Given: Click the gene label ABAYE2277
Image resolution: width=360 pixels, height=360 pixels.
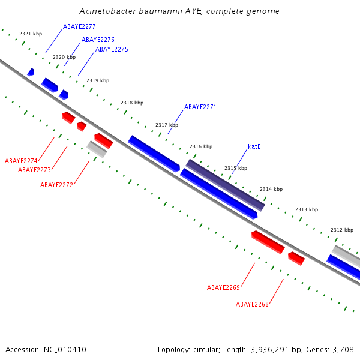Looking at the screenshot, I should click(x=79, y=27).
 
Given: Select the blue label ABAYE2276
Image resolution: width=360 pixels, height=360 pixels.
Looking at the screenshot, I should click(x=98, y=40).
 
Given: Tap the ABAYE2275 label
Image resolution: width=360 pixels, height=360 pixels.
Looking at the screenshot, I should click(x=112, y=50).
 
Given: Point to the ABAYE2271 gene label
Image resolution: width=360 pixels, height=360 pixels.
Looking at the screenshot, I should click(x=200, y=107).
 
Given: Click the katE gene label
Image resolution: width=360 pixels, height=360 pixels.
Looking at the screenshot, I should click(x=254, y=146).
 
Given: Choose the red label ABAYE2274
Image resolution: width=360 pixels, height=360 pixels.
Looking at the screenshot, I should click(x=21, y=161).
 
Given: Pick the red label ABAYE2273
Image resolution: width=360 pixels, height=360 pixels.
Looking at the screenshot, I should click(x=34, y=170).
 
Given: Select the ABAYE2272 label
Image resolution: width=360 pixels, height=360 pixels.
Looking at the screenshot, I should click(x=56, y=185).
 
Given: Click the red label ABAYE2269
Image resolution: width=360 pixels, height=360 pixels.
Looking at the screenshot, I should click(x=223, y=288).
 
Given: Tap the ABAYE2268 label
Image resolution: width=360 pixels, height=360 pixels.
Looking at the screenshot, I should click(x=252, y=305).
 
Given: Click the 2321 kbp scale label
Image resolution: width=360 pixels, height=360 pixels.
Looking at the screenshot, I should click(x=31, y=34).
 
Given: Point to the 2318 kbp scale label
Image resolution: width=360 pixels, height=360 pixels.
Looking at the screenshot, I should click(x=132, y=103).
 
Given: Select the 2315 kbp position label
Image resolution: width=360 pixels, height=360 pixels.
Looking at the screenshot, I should click(x=236, y=169).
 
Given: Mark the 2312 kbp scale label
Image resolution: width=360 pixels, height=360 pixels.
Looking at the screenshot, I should click(x=342, y=230).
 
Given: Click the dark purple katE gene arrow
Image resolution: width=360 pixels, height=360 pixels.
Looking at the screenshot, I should click(x=225, y=185).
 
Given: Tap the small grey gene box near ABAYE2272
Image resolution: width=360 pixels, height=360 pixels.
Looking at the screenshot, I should click(x=97, y=149).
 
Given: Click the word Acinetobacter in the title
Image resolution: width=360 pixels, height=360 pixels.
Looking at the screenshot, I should click(x=105, y=11).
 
